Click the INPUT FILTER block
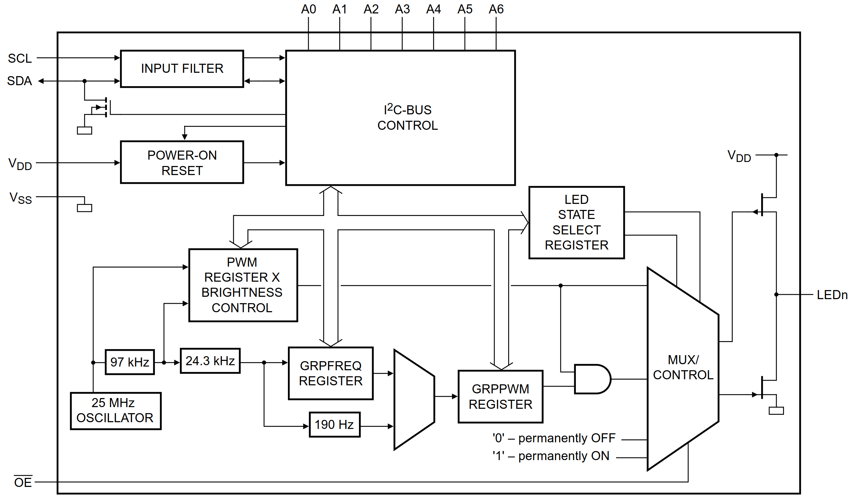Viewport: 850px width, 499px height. [182, 69]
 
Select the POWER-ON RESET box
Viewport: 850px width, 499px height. [182, 162]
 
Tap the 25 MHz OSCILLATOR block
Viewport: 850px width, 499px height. [116, 410]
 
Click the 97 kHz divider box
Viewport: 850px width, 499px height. [130, 362]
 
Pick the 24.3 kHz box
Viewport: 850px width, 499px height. [210, 361]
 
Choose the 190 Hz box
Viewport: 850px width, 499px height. [334, 425]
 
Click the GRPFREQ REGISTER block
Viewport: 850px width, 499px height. [330, 373]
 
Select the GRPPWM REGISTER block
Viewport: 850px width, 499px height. [500, 396]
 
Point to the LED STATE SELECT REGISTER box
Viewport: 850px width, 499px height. [576, 222]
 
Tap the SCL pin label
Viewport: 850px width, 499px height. [20, 58]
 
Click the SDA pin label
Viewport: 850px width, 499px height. [19, 81]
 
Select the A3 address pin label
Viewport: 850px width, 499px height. [402, 9]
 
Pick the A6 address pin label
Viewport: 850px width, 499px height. [496, 9]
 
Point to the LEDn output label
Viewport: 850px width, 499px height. [832, 295]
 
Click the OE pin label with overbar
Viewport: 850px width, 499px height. [23, 482]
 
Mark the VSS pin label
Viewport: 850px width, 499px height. [20, 198]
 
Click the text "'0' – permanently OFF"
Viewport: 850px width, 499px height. [554, 438]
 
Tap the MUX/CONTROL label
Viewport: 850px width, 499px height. [683, 367]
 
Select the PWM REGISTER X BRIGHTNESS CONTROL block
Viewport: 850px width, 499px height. [243, 285]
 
